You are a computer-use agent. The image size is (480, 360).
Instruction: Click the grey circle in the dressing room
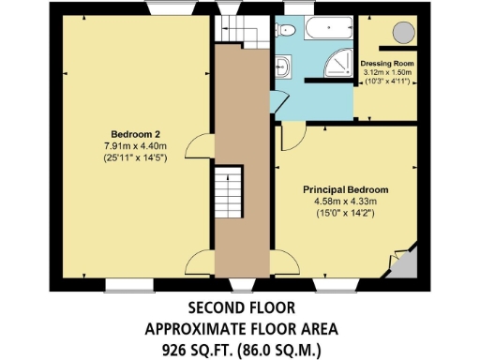coord(403,33)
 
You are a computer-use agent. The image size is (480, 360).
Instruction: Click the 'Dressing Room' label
coord(386,64)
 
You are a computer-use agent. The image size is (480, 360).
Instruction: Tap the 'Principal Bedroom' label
coord(345,189)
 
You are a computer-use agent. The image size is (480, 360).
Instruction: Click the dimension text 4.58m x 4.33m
coord(345,201)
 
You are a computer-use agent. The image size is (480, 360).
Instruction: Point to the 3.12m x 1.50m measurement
coord(386,72)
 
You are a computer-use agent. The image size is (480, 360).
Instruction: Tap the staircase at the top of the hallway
coord(229,30)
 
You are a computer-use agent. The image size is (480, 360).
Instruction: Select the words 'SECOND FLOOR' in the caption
coord(241,307)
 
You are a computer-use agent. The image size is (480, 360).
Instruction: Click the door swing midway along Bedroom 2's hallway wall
coord(199,145)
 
